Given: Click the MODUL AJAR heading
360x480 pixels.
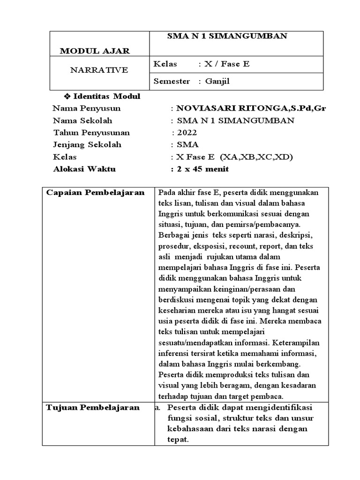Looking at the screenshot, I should click(95, 51).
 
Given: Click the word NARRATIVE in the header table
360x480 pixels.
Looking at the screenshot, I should click(98, 70).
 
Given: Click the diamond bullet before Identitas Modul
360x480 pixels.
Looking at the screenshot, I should click(66, 96).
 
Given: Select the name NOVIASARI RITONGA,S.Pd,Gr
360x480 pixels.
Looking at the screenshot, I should click(251, 108).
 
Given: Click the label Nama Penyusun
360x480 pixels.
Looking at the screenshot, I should click(87, 108).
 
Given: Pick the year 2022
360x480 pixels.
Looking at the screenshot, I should click(186, 133).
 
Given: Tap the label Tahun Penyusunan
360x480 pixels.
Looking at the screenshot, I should click(92, 133).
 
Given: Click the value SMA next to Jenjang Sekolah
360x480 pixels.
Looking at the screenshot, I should click(185, 145).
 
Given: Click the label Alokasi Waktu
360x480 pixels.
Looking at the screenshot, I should click(84, 169).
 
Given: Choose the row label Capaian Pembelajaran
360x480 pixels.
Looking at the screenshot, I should click(95, 193).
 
